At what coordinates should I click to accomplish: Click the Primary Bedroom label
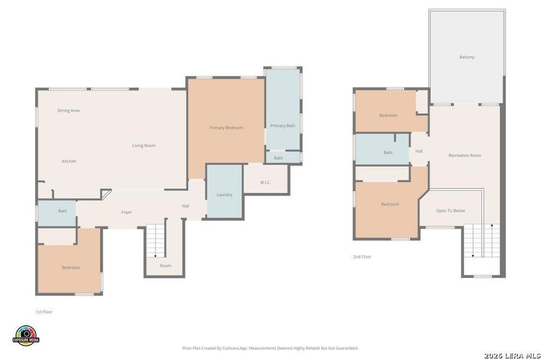[226, 128]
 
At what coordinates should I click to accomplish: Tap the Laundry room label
[225, 195]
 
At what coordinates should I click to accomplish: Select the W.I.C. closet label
[265, 182]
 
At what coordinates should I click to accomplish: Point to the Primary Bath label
[283, 126]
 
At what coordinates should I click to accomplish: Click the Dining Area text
[68, 110]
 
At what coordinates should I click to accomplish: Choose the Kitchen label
[69, 161]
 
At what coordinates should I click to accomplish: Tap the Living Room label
[144, 146]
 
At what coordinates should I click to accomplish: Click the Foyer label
[127, 212]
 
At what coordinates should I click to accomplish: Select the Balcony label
[467, 58]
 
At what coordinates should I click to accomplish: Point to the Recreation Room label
[465, 156]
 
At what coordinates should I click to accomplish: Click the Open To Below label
[450, 211]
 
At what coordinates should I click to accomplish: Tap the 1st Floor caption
[44, 312]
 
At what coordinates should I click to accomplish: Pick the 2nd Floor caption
[362, 257]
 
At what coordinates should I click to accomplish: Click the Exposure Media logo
[26, 336]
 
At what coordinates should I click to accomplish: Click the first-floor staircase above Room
[156, 239]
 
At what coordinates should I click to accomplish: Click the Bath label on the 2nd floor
[388, 152]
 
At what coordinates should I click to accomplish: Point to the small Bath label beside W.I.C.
[279, 158]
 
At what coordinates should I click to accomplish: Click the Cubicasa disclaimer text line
[270, 348]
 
